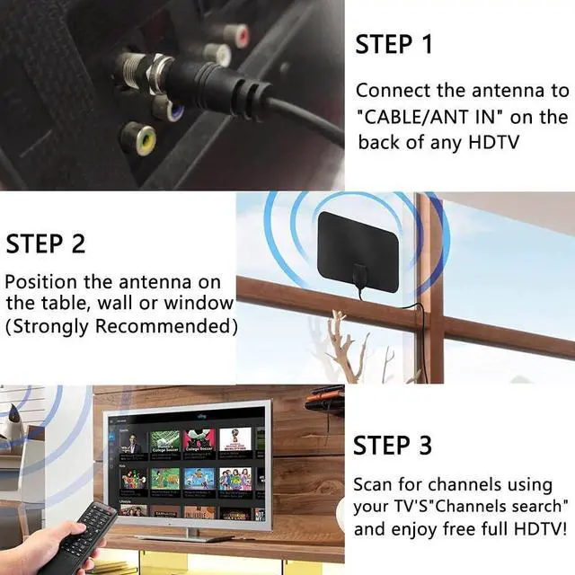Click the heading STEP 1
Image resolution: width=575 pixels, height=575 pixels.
394,44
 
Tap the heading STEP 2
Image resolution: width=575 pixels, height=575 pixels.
46,243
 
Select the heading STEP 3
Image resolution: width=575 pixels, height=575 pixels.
392,445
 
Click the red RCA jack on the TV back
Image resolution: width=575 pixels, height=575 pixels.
238,36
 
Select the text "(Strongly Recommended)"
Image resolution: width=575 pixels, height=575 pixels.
121,324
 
